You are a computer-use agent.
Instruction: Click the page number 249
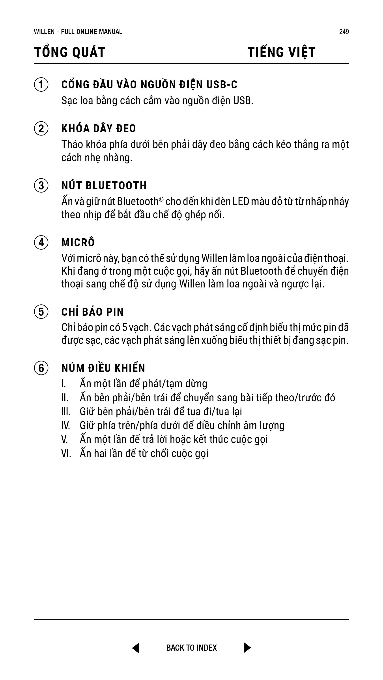point(344,32)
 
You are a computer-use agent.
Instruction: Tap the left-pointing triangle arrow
point(136,648)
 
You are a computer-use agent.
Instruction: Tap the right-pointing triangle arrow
point(247,648)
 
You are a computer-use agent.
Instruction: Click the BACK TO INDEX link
point(191,648)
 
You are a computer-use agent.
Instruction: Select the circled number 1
point(41,85)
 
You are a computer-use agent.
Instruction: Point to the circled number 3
point(41,185)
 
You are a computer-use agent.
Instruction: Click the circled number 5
point(41,312)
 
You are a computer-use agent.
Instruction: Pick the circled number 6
point(41,368)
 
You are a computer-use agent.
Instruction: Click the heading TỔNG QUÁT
point(70,52)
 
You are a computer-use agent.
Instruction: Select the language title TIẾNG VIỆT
point(282,52)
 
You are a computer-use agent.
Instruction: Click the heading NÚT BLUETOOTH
point(104,185)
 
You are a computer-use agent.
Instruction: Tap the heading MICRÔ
point(78,243)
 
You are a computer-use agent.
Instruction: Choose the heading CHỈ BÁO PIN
point(93,312)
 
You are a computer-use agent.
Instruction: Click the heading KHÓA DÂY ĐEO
point(99,129)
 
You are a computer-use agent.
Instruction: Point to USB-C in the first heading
point(222,85)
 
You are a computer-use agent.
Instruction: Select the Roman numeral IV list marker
point(65,426)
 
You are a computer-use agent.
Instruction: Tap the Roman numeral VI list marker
point(66,454)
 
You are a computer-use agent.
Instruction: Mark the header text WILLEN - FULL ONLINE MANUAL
point(78,32)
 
